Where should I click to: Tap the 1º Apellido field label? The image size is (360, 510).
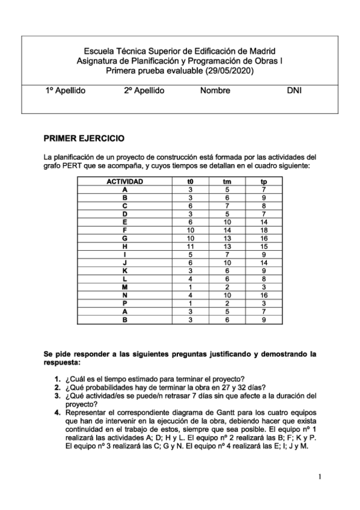(66, 91)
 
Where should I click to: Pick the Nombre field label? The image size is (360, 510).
(215, 91)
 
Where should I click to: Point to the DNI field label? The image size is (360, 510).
(294, 91)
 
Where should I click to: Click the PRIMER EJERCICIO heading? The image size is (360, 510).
(84, 138)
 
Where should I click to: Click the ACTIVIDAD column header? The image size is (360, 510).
(124, 181)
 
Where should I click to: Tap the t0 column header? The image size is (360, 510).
(191, 181)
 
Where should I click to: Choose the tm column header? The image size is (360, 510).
(227, 181)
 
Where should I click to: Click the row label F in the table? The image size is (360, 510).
(124, 230)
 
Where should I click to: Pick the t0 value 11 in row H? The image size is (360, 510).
(191, 246)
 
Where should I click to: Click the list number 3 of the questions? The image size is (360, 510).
(57, 396)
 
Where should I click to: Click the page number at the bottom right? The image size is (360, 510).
(320, 477)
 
